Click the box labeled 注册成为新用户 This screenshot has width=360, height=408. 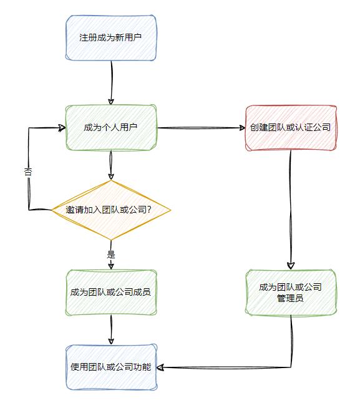111,38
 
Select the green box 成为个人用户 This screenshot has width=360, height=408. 111,128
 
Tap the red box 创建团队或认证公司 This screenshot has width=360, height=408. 291,128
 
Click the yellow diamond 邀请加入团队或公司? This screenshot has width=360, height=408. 111,210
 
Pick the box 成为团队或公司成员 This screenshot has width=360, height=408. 111,293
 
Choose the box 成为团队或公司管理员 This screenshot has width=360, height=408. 291,293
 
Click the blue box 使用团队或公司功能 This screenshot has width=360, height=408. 111,367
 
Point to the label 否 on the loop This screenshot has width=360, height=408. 28,172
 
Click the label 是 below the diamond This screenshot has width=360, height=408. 111,254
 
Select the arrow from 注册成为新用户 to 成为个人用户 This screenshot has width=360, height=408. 112,83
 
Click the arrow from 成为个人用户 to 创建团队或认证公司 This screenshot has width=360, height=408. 201,128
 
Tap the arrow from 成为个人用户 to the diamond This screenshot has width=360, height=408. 111,165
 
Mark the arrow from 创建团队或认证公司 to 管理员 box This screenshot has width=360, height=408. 291,210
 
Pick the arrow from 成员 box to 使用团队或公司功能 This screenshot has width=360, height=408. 111,329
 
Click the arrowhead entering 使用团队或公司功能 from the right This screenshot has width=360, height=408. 160,367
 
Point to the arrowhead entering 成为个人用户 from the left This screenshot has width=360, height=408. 62,128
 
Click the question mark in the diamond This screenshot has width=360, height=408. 149,210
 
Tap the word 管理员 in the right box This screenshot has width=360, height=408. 290,298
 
